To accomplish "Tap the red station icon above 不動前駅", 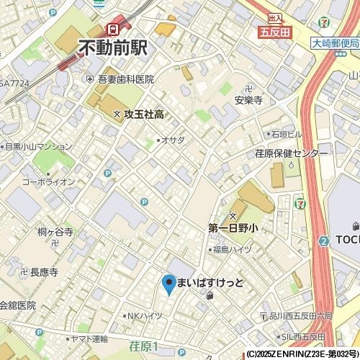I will point(112,29).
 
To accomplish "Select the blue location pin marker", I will point(168,284).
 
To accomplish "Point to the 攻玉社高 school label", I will point(144,114).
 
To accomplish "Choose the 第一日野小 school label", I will point(233,228).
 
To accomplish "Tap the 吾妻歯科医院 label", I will point(126,79).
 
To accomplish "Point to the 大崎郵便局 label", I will point(336,43).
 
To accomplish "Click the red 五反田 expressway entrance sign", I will point(274,32).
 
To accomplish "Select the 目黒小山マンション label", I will point(39,146).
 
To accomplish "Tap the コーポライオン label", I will point(48,182).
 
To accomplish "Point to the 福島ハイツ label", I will point(231,249).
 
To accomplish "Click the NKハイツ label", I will point(144,315).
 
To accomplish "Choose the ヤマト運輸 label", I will point(91,338).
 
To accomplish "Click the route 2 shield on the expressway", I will point(324,240).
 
